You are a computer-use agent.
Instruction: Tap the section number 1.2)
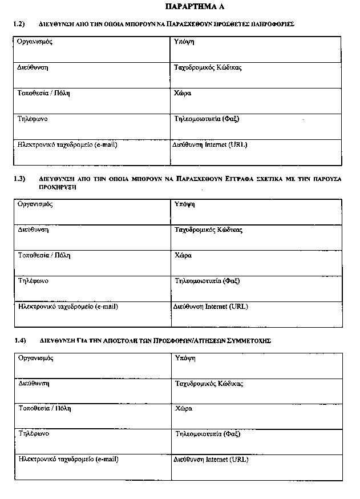pos(20,25)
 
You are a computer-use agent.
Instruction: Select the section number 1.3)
pos(20,179)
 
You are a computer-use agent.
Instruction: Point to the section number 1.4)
pos(20,341)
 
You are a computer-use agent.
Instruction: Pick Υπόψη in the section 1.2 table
pos(183,42)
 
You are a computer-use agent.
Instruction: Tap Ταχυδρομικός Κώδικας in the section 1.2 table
pos(208,68)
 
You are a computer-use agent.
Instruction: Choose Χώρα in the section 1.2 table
pos(182,92)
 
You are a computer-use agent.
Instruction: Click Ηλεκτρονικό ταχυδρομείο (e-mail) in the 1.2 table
pos(67,145)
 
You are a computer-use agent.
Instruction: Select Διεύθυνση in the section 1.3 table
pos(33,230)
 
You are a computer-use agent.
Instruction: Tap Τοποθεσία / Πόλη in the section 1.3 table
pos(45,255)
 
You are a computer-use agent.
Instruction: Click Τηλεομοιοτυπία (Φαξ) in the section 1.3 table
pos(207,281)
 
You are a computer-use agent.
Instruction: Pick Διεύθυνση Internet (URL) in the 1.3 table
pos(210,307)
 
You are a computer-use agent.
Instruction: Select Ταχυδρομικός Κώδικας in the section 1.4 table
pos(209,384)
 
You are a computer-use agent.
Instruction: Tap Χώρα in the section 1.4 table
pos(184,409)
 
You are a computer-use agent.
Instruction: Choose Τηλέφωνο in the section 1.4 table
pos(34,434)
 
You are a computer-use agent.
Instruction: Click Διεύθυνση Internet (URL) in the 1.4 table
pos(211,460)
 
